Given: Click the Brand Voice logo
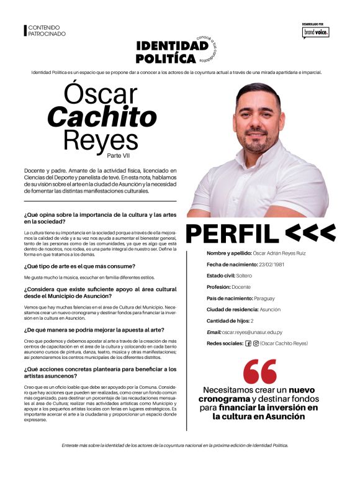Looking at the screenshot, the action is click(315, 31).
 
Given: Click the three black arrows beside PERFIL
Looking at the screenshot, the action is click(310, 233).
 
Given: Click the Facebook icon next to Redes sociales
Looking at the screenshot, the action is click(248, 343).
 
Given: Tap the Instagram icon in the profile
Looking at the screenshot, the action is click(256, 343).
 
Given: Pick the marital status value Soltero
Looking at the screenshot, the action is click(244, 276).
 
